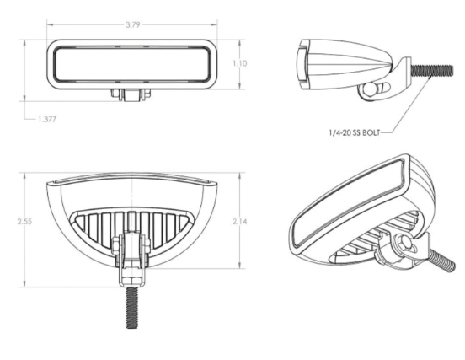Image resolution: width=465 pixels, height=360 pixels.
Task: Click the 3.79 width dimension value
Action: pos(132,24)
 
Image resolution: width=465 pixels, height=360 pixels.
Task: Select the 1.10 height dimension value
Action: pos(239,63)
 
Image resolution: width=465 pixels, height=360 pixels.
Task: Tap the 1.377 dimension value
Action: pos(47,120)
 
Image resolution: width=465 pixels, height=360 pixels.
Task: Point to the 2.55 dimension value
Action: pos(24,222)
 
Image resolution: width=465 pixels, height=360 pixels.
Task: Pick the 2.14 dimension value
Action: pos(239,222)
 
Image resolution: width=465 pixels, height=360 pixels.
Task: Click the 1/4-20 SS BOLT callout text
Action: pos(355,132)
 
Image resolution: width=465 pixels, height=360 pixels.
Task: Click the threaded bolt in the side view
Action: pos(432,70)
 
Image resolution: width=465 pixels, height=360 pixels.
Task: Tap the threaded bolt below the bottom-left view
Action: pos(132,308)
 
